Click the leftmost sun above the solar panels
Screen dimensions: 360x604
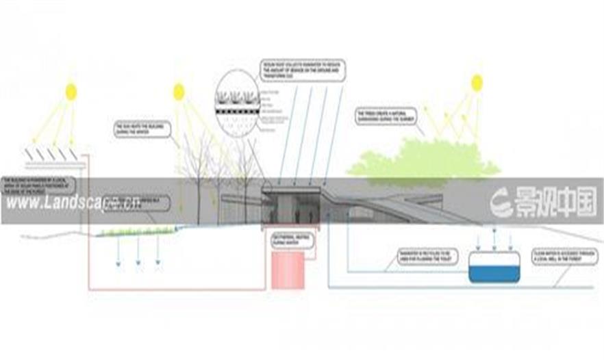(71, 92)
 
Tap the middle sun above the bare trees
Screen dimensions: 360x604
(179, 91)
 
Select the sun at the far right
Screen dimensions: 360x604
(477, 83)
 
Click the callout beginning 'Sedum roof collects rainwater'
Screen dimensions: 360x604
(303, 71)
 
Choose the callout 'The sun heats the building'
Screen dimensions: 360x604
(142, 130)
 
